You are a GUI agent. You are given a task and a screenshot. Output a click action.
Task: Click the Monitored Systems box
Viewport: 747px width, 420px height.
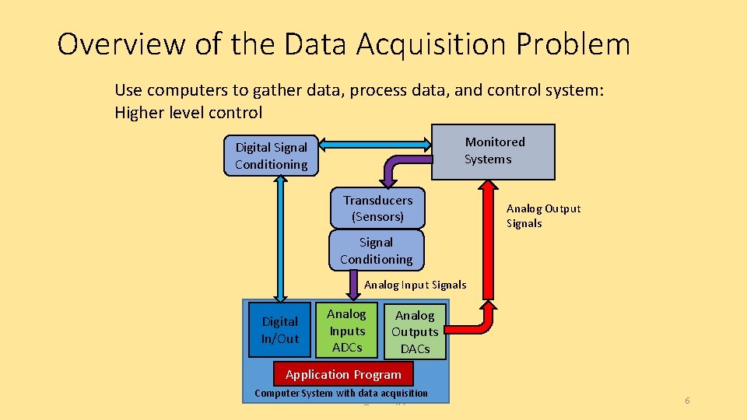point(493,151)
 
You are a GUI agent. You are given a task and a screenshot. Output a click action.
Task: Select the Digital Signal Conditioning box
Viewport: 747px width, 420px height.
point(272,156)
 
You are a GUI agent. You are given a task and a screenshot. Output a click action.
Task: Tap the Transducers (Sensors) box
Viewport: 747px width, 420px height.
point(377,208)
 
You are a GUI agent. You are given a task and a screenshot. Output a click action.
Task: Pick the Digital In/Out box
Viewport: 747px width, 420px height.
point(279,330)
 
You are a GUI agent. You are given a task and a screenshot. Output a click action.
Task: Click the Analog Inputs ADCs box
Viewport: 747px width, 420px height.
point(346,330)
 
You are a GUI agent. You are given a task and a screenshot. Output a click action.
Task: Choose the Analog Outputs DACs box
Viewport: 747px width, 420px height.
point(415,332)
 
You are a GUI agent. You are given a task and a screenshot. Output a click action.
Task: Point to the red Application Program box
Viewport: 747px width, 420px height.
point(343,374)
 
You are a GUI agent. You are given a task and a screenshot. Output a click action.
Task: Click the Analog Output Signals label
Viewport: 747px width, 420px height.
point(543,215)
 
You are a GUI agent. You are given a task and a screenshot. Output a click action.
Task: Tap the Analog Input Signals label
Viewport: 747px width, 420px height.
point(415,285)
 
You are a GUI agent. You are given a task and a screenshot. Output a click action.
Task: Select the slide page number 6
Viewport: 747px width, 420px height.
point(687,401)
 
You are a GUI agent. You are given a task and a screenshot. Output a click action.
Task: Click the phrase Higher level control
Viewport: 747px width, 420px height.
point(188,112)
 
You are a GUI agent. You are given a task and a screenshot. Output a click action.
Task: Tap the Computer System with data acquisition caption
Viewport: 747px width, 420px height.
point(341,393)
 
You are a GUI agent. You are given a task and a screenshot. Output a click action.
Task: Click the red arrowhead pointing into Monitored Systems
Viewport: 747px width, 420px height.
point(489,187)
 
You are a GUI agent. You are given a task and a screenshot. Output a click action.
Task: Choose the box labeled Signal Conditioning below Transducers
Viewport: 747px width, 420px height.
point(376,250)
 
